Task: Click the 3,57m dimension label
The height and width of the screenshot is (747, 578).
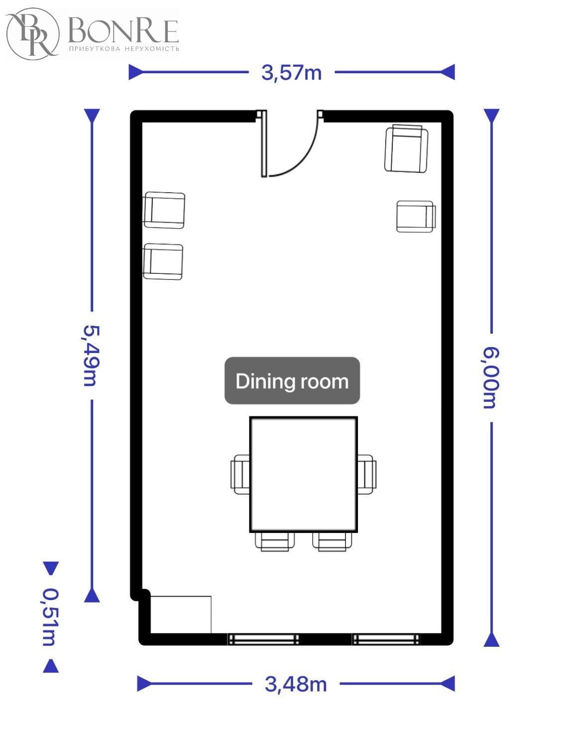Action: coord(291,73)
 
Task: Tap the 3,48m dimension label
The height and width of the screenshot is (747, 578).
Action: coord(296,684)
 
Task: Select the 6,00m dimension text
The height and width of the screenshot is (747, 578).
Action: coord(490,378)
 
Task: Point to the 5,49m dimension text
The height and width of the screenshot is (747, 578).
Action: coord(91,356)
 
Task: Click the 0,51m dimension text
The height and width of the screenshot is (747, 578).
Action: coord(50,617)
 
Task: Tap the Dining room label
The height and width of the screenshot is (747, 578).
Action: coord(292,380)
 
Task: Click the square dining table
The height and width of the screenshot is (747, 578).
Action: coord(303,474)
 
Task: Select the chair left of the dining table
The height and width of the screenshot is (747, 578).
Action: coord(240,475)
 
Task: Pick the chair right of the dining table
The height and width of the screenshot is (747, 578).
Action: coord(366,475)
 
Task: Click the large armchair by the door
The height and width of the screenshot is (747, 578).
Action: coord(406,148)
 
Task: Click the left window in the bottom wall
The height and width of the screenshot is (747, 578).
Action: coord(263,639)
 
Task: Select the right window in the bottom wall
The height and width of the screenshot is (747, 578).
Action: coord(386,639)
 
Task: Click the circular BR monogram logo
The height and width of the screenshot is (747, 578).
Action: coord(33,34)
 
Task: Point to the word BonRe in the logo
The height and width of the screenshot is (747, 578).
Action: coord(123,31)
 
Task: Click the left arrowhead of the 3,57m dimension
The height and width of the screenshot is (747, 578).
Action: coord(135,72)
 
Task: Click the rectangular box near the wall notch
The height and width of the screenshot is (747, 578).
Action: coord(181,615)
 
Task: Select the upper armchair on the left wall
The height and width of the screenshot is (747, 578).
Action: coord(164,210)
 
